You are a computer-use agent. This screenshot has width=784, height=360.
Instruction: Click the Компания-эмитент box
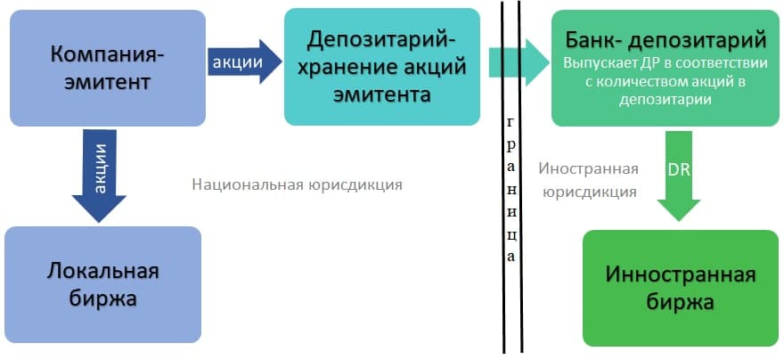[x=107, y=68]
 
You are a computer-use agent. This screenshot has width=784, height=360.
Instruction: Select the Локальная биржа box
[x=102, y=284]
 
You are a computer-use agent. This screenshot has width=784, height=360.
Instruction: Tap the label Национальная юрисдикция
[x=298, y=185]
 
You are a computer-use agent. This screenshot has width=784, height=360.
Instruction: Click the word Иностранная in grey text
[x=589, y=168]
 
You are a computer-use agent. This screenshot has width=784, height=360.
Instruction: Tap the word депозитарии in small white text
[x=666, y=101]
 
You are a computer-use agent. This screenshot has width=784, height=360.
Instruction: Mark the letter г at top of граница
[x=510, y=121]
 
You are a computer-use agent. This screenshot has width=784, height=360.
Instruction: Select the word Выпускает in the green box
[x=595, y=65]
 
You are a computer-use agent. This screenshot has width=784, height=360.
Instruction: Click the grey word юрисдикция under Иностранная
[x=589, y=191]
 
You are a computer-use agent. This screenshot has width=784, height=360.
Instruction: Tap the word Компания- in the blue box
[x=107, y=53]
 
